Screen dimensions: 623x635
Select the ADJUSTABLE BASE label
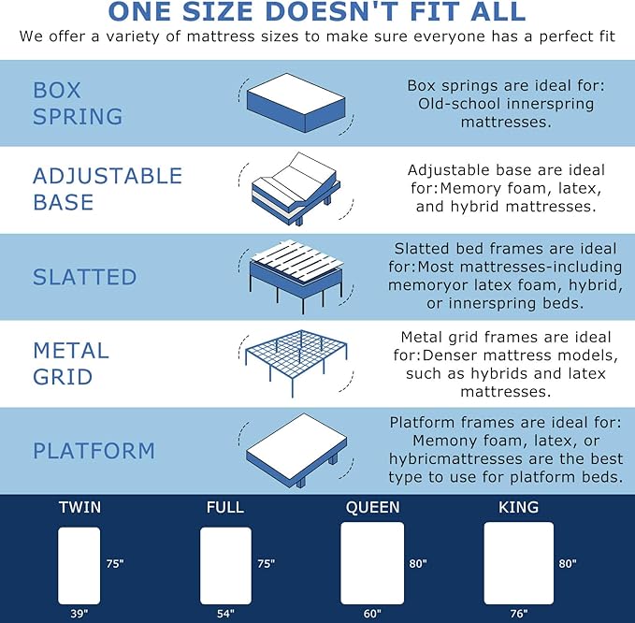(108, 189)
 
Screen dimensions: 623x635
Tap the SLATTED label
(85, 277)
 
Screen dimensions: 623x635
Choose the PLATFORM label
(94, 451)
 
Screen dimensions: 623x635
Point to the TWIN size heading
(79, 508)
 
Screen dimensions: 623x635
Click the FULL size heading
(224, 508)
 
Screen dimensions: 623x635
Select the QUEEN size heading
(372, 508)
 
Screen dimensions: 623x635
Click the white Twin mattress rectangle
(79, 565)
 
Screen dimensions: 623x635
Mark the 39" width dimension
(79, 614)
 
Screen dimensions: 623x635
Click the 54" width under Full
(225, 614)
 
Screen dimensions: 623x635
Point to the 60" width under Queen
(372, 614)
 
